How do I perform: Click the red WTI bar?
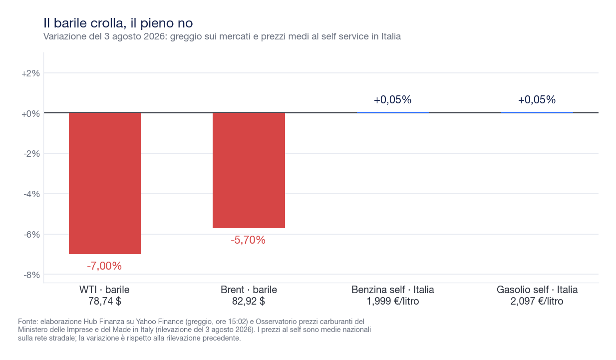(105, 183)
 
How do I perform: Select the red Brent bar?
(249, 170)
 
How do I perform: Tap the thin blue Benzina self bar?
(393, 112)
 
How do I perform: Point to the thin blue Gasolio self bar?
(537, 112)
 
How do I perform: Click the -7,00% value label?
(104, 266)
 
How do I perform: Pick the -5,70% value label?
(248, 240)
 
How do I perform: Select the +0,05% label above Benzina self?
(393, 99)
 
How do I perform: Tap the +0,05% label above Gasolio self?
(537, 99)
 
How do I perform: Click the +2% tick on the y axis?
(31, 73)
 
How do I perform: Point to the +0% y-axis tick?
(31, 113)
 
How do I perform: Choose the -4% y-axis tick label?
(31, 194)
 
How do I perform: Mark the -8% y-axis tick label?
(31, 275)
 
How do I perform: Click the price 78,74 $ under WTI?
(104, 301)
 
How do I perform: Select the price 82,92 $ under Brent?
(249, 301)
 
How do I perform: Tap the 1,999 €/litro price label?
(393, 301)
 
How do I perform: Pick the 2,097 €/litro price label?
(537, 301)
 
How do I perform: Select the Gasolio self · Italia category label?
(537, 290)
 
